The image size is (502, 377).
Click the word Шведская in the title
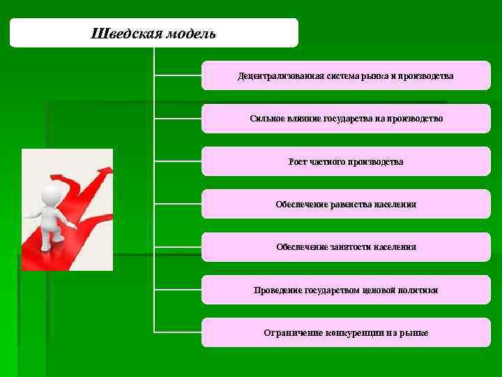click(x=120, y=34)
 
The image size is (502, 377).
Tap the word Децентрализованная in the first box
click(x=277, y=75)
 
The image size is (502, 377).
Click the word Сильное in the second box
click(x=264, y=119)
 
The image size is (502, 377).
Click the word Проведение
click(x=276, y=290)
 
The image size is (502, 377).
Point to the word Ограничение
click(x=292, y=333)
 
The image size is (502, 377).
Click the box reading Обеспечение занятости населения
click(x=346, y=247)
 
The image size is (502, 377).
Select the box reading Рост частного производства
click(x=346, y=161)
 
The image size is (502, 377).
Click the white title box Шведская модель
click(x=153, y=34)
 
